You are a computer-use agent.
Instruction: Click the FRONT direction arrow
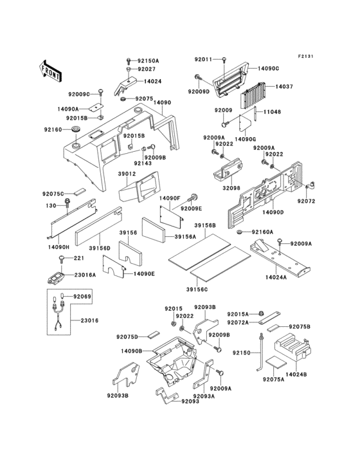pyautogui.click(x=51, y=66)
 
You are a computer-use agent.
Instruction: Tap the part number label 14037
pyautogui.click(x=285, y=86)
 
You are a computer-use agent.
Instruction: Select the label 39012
pyautogui.click(x=126, y=174)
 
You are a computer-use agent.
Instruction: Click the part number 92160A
pyautogui.click(x=262, y=232)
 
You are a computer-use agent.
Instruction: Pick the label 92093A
pyautogui.click(x=204, y=397)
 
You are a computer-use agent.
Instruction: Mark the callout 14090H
pyautogui.click(x=58, y=246)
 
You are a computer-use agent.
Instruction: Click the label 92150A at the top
pyautogui.click(x=148, y=60)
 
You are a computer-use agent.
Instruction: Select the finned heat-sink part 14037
pyautogui.click(x=252, y=98)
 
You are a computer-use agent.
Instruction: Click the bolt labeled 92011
pyautogui.click(x=223, y=60)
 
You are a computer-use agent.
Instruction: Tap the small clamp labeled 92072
pyautogui.click(x=309, y=187)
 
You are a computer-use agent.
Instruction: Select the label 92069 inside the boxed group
pyautogui.click(x=82, y=297)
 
